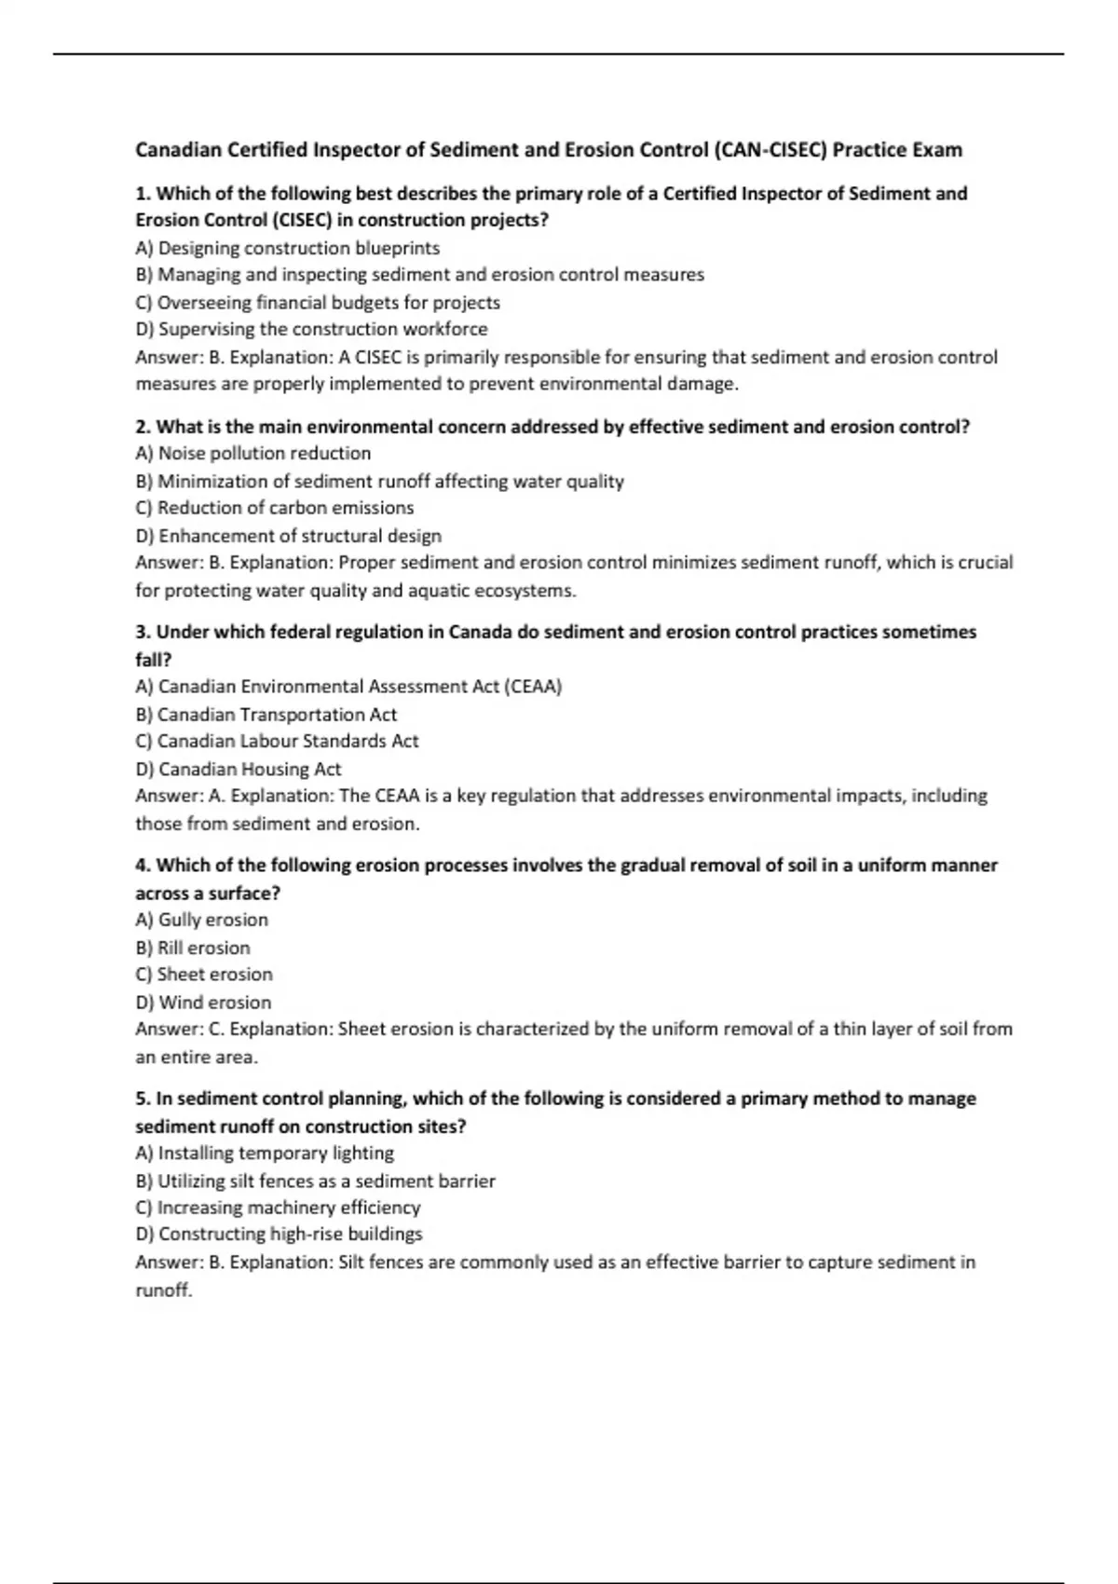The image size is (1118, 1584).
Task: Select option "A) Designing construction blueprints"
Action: (287, 248)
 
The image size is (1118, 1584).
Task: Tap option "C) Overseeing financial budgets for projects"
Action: (317, 302)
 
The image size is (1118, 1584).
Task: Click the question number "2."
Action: (143, 427)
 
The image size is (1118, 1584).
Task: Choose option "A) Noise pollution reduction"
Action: (252, 453)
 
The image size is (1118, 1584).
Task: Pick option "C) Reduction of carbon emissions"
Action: (274, 508)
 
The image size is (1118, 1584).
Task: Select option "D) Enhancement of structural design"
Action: (288, 536)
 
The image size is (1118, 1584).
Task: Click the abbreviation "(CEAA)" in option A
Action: (533, 687)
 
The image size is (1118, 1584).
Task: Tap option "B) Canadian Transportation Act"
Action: (266, 715)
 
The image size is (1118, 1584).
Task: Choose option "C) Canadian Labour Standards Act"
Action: (277, 741)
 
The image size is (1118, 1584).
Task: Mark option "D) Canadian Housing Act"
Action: (238, 769)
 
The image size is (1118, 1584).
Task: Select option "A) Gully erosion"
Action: (201, 920)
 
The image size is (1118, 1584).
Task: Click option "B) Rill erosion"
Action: (193, 948)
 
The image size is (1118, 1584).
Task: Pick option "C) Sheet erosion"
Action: (204, 974)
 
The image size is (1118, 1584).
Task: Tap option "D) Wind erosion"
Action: (203, 1003)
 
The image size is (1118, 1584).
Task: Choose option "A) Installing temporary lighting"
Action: (265, 1153)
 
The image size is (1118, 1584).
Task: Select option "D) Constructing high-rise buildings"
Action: (279, 1234)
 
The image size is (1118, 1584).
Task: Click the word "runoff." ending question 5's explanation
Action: (164, 1290)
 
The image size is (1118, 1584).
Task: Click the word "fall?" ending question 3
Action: (154, 660)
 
